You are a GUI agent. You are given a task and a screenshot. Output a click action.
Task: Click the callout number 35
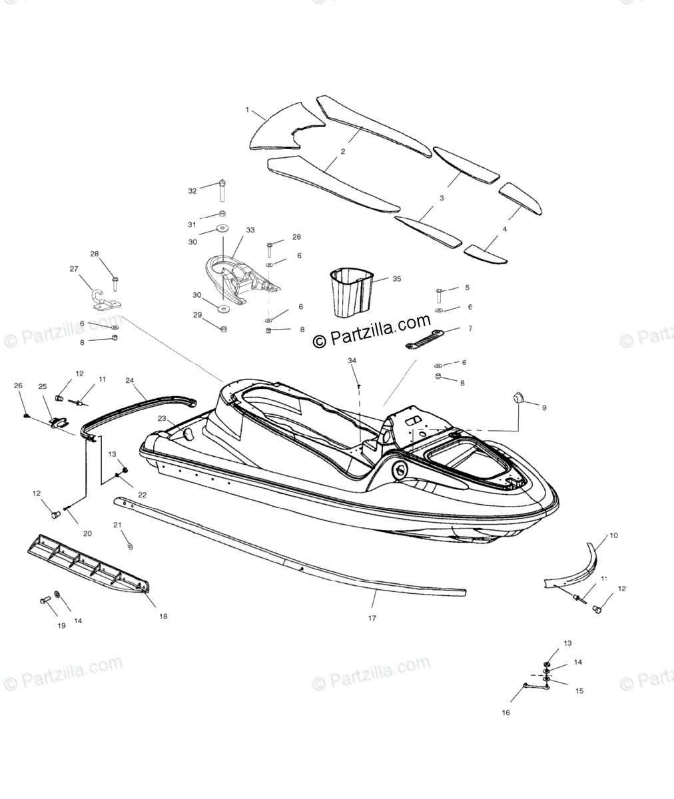coord(396,279)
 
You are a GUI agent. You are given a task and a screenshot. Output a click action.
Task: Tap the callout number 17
coord(372,618)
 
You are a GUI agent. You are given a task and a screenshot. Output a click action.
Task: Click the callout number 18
coord(163,616)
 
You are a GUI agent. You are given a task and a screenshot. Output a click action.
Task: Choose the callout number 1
coord(247,110)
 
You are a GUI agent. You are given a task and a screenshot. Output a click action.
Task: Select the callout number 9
coord(543,407)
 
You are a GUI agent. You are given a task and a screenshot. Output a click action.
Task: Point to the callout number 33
coord(250,230)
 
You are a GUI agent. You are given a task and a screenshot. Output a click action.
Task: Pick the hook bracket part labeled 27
coord(101,298)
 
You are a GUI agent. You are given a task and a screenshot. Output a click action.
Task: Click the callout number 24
coord(130,381)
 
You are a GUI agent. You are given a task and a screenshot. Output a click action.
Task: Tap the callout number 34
coord(352,360)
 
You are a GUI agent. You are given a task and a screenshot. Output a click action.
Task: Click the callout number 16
coord(506,712)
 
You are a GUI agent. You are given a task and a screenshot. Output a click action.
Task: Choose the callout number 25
coord(43,387)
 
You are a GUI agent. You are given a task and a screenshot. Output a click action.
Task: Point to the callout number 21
coord(117,525)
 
